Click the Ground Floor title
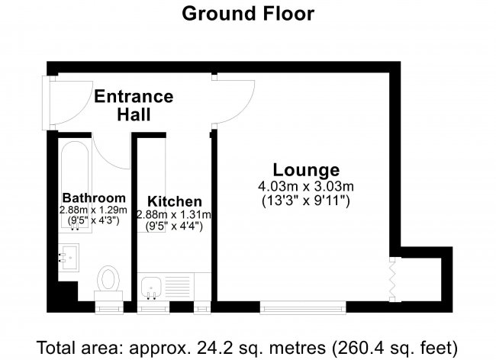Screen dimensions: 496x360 click(x=248, y=14)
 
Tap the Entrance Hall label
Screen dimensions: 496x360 click(x=134, y=105)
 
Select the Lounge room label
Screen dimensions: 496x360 click(x=306, y=170)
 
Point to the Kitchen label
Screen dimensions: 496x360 click(x=174, y=201)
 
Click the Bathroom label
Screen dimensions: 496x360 click(x=94, y=198)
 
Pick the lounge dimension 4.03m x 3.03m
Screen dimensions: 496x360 click(x=306, y=186)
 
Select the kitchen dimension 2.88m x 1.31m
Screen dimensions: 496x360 click(x=174, y=215)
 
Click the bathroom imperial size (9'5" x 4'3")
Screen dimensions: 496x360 click(x=94, y=220)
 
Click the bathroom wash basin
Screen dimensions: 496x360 click(x=69, y=257)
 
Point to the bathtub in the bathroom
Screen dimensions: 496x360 click(x=75, y=187)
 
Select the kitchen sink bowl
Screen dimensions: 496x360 click(x=151, y=287)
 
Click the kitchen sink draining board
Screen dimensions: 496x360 click(x=178, y=287)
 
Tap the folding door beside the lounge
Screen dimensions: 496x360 click(x=392, y=279)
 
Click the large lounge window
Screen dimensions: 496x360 click(x=303, y=307)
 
